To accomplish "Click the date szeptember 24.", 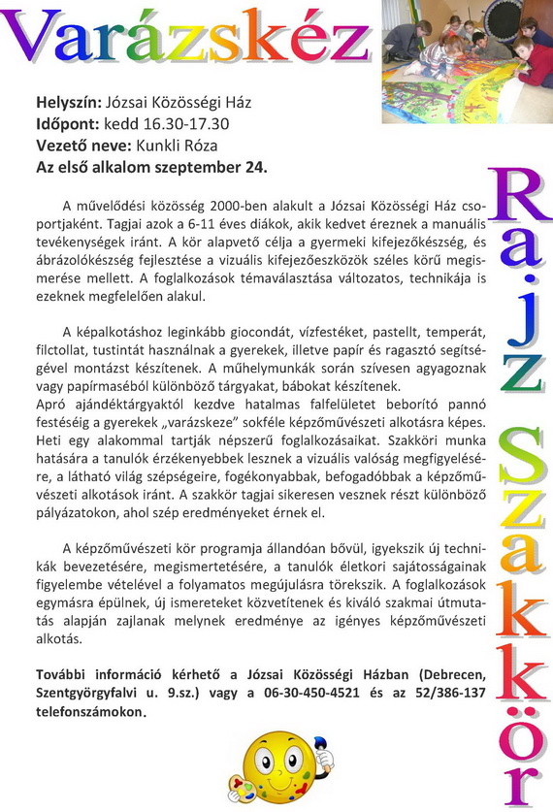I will tap(216, 167).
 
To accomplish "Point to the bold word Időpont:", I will tap(69, 124).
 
